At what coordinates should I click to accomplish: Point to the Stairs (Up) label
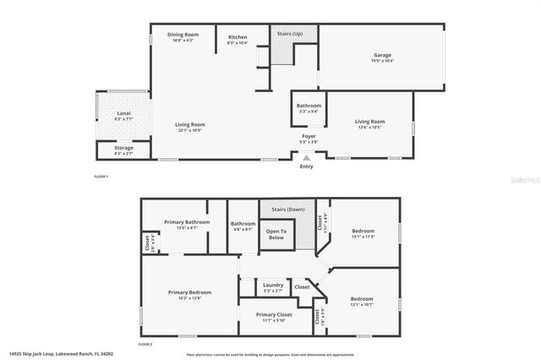point(293,34)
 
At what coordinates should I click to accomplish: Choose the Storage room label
point(123,150)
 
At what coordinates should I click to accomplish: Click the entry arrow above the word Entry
point(306,157)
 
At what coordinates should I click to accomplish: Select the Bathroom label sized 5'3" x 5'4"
point(309,107)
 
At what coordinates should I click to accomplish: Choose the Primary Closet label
point(272,316)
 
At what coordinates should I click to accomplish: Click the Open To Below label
point(276,234)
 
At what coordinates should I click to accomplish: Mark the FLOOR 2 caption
point(145,344)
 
